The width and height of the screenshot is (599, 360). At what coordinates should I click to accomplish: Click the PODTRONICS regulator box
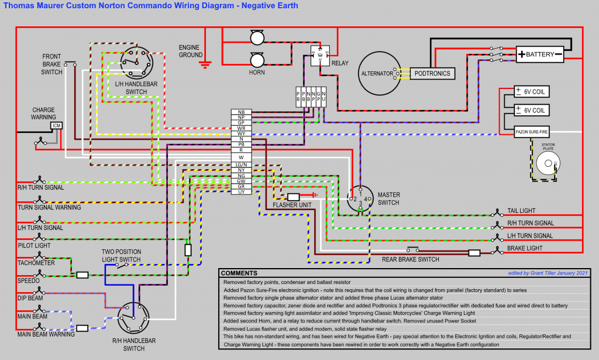pos(433,73)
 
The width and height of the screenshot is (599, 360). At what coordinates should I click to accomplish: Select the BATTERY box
pos(539,54)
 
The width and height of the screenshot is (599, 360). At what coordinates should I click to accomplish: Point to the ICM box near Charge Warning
pos(57,125)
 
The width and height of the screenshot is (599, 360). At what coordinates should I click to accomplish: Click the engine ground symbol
pos(205,63)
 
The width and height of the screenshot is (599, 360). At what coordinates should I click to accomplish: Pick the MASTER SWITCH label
pos(388,198)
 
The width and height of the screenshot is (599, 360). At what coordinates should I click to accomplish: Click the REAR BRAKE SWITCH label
pos(410,259)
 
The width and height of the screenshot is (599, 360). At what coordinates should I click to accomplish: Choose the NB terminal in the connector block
pos(241,112)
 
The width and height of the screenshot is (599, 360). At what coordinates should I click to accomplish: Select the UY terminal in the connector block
pos(241,191)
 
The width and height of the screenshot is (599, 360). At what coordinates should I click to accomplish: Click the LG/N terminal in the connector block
pos(241,165)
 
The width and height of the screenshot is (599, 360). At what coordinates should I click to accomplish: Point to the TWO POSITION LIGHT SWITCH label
pos(122,255)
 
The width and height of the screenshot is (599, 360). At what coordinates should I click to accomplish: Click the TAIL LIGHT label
pos(522,211)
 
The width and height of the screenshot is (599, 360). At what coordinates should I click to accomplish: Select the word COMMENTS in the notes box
pos(239,273)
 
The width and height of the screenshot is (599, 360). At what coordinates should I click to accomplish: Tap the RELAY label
pos(340,63)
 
